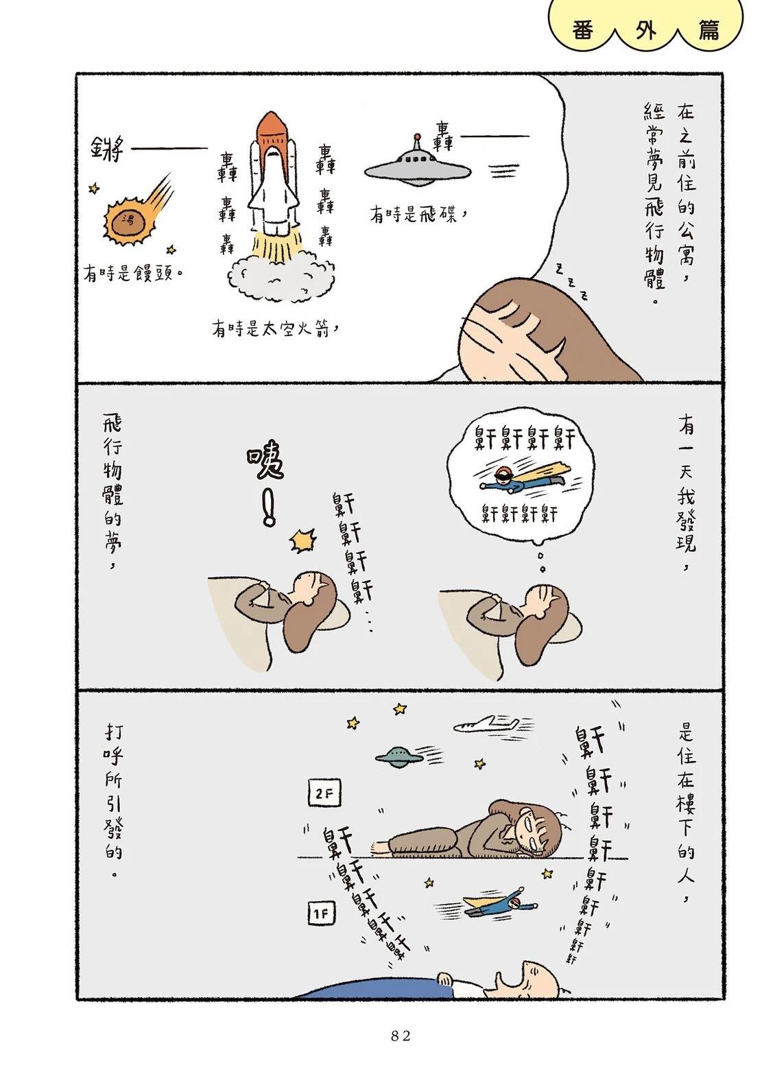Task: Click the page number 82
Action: click(401, 1036)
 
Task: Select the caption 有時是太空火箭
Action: click(276, 329)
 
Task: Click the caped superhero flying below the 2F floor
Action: click(501, 902)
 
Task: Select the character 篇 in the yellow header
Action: click(707, 31)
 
